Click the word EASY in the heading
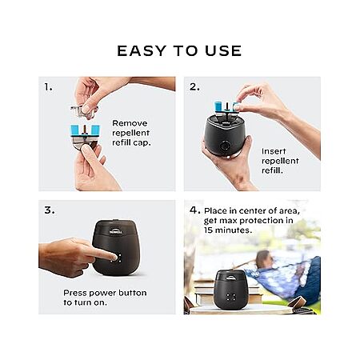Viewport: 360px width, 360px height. [x=142, y=50]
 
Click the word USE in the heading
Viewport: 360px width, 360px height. [x=223, y=50]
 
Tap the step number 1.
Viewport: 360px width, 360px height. [x=48, y=87]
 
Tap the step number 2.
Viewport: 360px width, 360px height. [x=194, y=87]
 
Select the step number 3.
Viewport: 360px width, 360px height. [x=50, y=210]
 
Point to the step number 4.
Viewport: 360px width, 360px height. [x=195, y=210]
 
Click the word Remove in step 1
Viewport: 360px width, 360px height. [x=130, y=123]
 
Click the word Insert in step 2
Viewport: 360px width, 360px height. [x=274, y=151]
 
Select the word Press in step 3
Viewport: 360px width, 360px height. [x=75, y=293]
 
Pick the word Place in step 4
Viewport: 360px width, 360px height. [x=216, y=210]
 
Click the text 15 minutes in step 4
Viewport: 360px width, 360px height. [x=228, y=230]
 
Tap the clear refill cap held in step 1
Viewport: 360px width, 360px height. [x=84, y=111]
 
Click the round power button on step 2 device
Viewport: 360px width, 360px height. [x=226, y=146]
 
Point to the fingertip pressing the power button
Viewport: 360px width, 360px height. [x=114, y=257]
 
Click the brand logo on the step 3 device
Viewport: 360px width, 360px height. [x=115, y=230]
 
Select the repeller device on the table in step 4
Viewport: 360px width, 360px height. [x=231, y=289]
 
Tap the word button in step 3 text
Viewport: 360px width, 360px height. [x=133, y=293]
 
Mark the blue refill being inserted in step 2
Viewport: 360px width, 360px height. [x=226, y=107]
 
